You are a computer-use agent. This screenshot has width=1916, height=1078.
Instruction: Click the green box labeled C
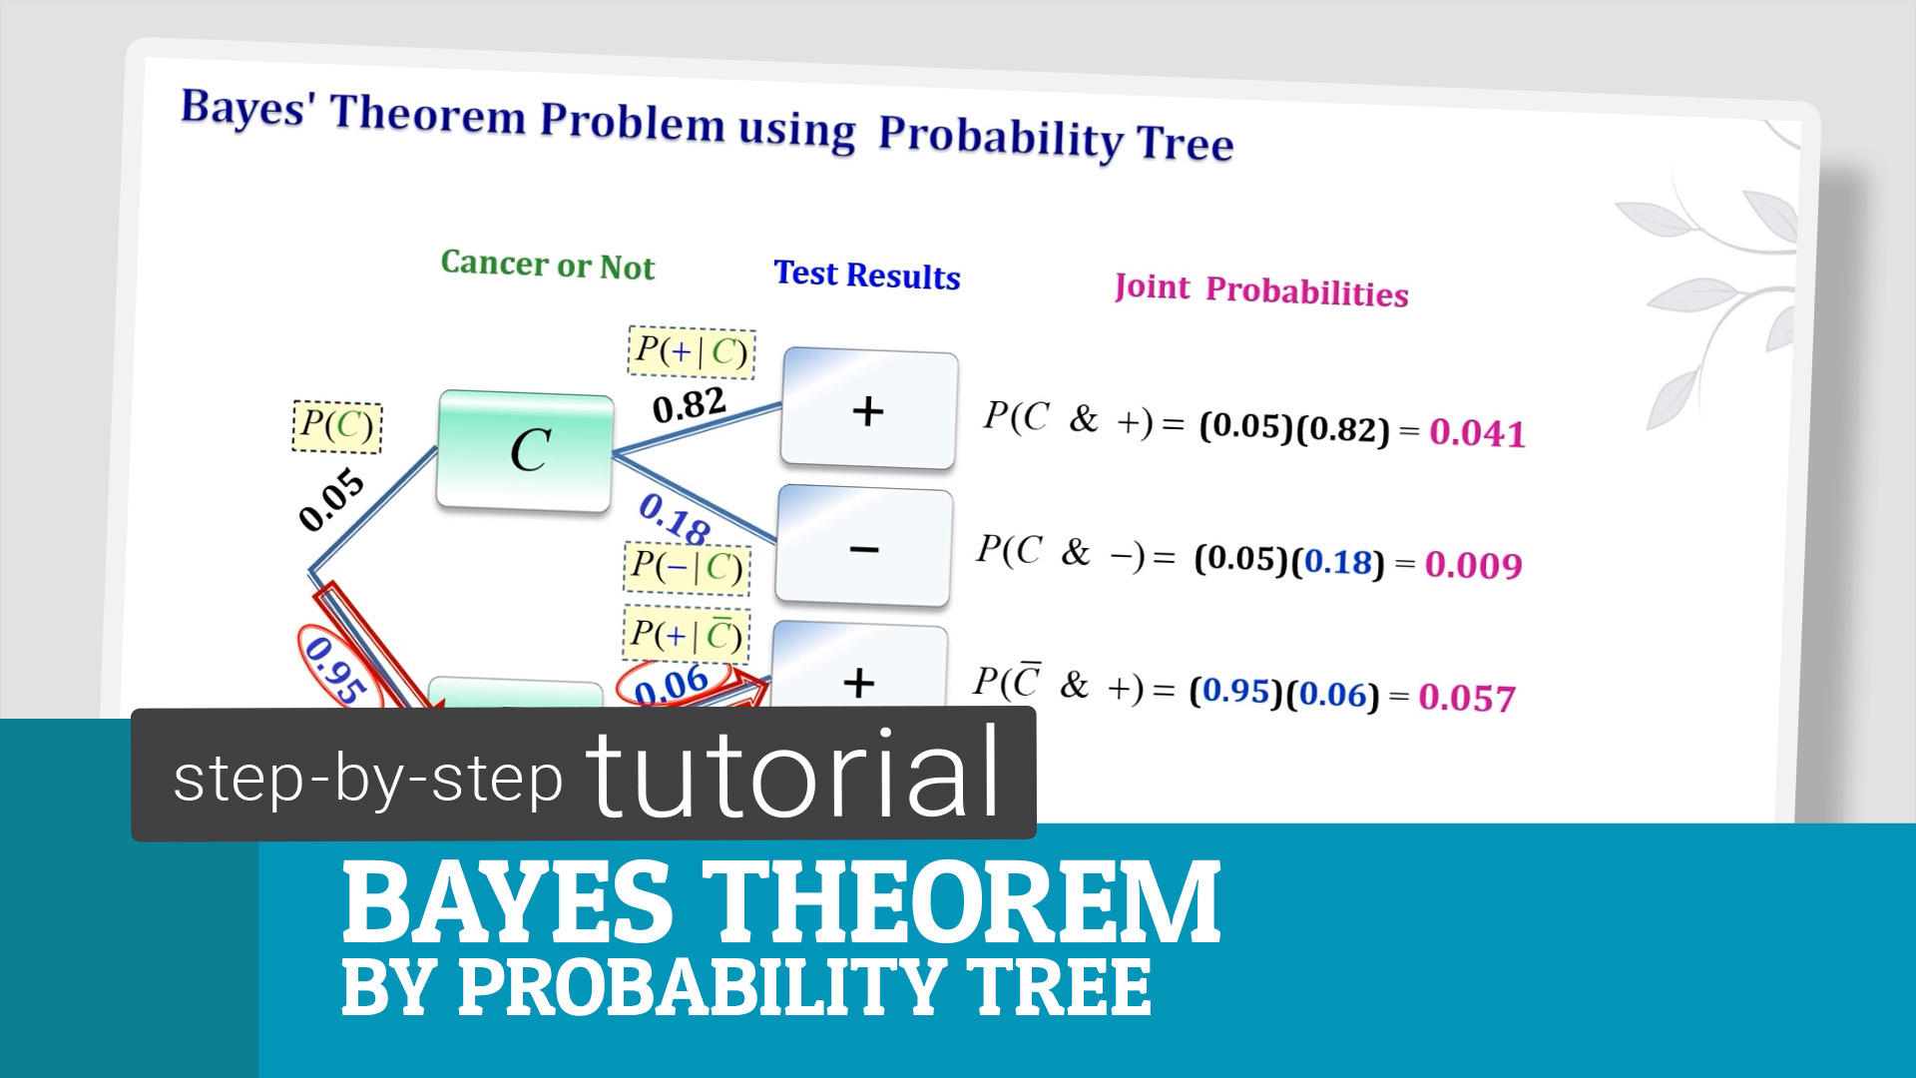(525, 451)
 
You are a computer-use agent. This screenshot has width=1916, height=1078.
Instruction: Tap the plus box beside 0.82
(869, 409)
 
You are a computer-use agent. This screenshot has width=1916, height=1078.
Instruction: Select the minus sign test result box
(864, 546)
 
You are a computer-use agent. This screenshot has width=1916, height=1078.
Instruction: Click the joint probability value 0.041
(1477, 433)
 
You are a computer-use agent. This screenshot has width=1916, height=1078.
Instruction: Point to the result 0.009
(1473, 565)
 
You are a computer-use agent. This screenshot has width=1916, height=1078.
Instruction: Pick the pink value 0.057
(1467, 697)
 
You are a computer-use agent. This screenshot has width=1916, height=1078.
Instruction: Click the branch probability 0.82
(689, 405)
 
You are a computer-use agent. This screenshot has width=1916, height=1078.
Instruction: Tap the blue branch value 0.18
(675, 518)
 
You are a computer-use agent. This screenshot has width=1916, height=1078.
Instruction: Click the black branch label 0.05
(332, 498)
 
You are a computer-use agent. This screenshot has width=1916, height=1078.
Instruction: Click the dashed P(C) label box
(337, 426)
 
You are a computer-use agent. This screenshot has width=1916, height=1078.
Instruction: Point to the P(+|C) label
(692, 352)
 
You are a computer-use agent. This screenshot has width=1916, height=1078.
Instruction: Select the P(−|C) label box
(687, 568)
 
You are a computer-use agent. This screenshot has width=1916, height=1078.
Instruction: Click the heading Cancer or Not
(548, 265)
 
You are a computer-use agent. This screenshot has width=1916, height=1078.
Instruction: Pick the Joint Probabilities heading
(1261, 289)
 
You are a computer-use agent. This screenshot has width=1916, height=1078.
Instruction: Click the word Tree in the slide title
(1186, 142)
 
